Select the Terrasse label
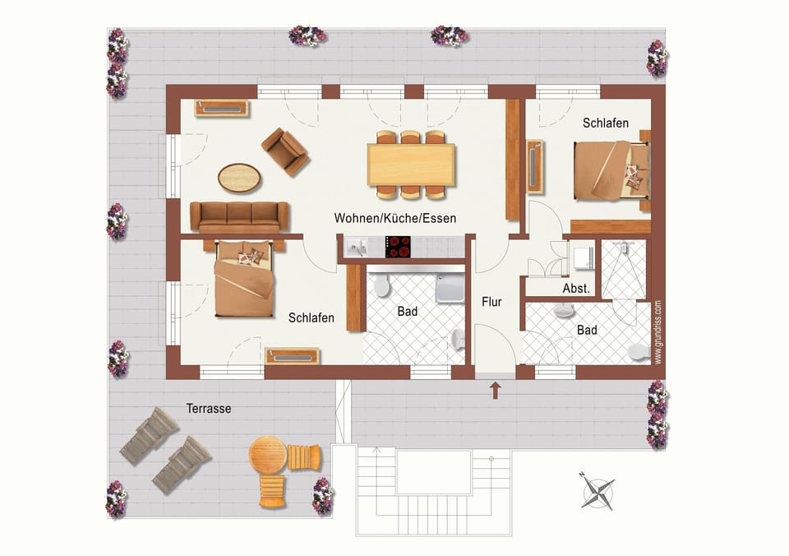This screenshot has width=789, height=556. click(208, 408)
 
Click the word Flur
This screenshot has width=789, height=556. click(491, 302)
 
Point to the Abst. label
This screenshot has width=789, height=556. click(575, 290)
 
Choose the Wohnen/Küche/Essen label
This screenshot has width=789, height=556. click(394, 218)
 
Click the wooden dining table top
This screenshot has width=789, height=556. click(411, 164)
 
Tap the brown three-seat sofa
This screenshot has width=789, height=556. click(239, 217)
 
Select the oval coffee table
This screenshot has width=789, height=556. click(239, 176)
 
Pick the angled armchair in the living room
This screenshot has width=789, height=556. click(284, 151)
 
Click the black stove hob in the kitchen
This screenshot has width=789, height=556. click(398, 246)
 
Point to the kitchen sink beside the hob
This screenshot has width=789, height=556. click(358, 246)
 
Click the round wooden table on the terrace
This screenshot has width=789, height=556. click(268, 455)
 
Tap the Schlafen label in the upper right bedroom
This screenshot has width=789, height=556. click(606, 123)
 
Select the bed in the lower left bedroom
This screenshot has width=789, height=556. click(243, 280)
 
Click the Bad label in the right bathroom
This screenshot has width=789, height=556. click(587, 330)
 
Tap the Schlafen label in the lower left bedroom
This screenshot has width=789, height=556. click(311, 317)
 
